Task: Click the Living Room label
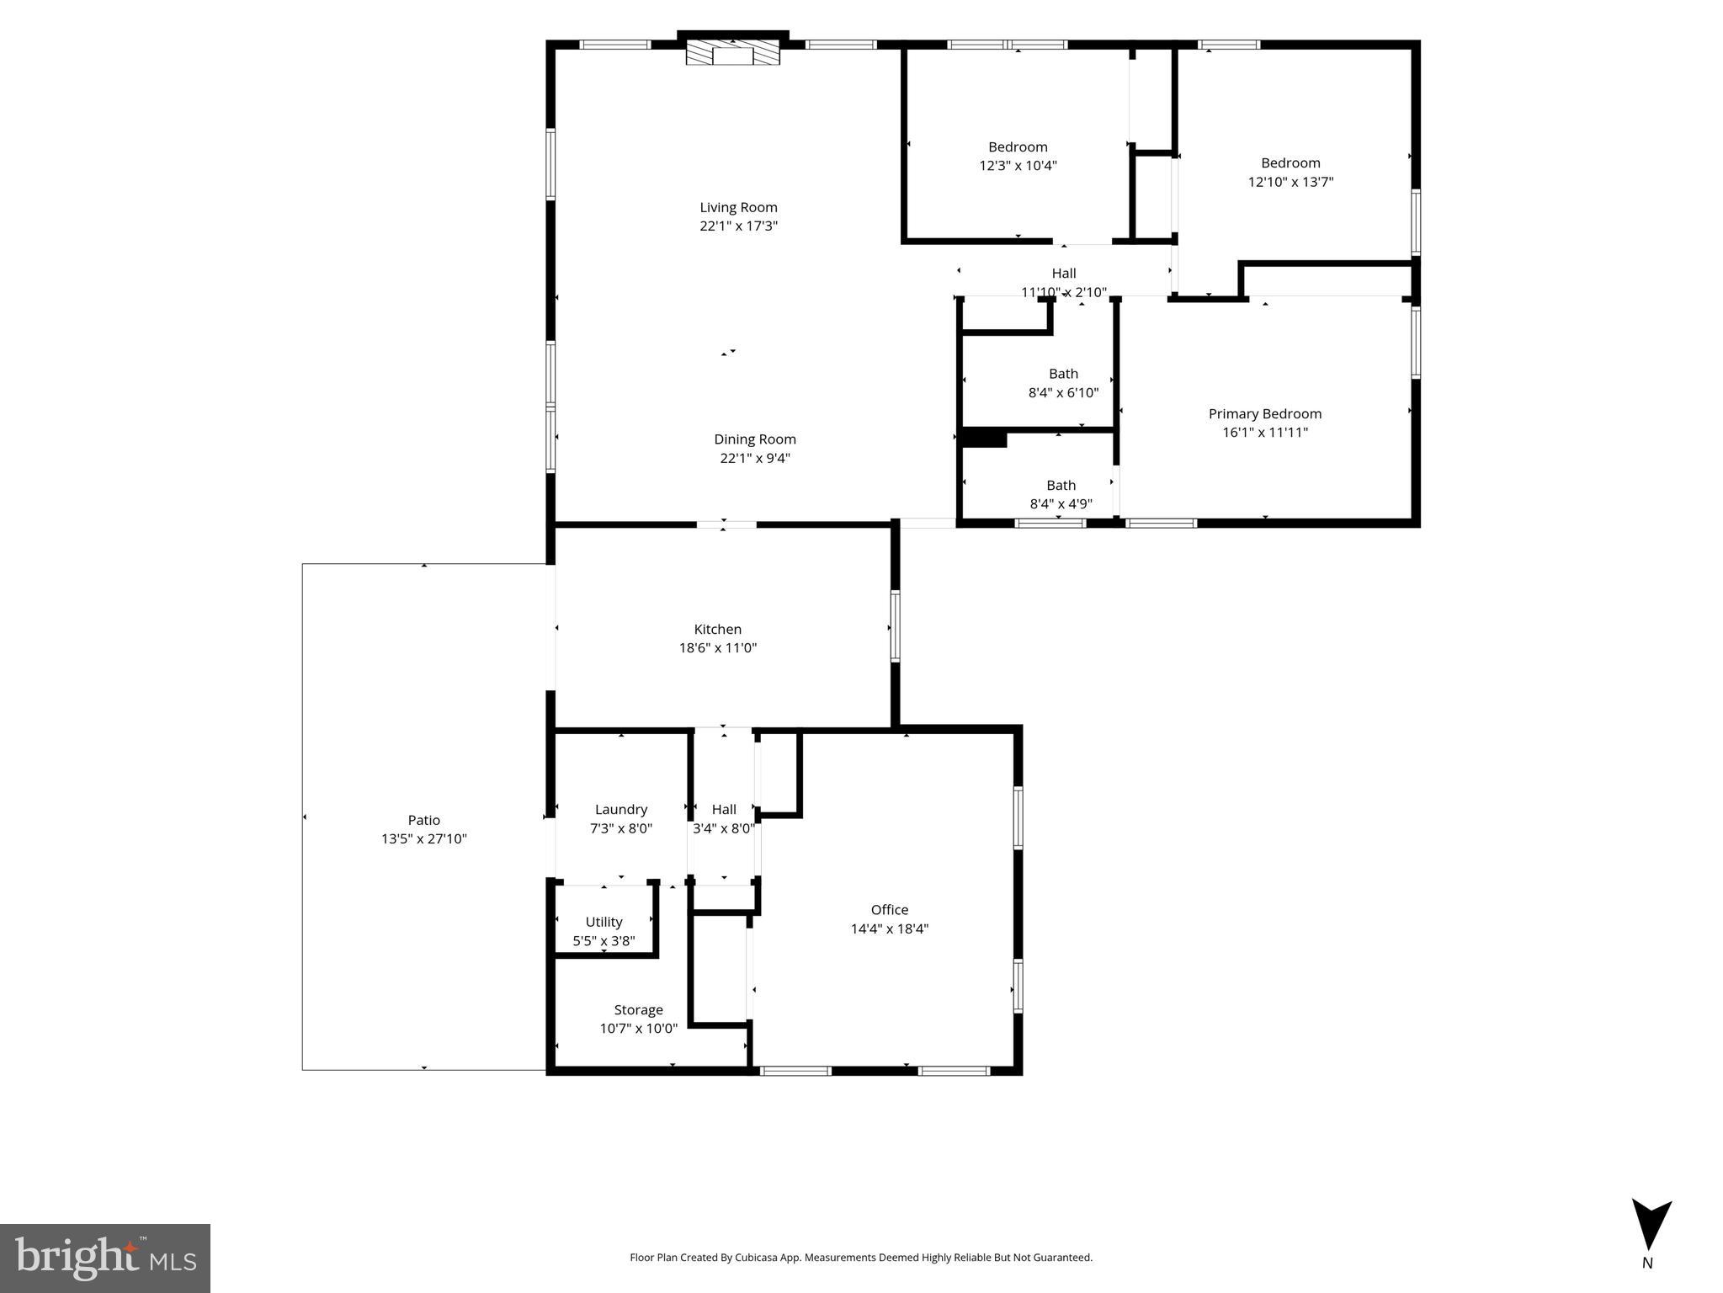738,207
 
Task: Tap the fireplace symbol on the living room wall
732,54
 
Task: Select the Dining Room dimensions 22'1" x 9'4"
754,458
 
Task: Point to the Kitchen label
717,629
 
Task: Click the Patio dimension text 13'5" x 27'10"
423,838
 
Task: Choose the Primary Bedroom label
1264,413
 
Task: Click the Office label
889,909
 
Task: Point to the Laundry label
620,809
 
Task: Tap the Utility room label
604,922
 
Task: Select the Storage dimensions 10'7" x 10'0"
638,1029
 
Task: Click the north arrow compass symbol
1651,1225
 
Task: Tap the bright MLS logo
105,1258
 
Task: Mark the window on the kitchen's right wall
895,626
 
